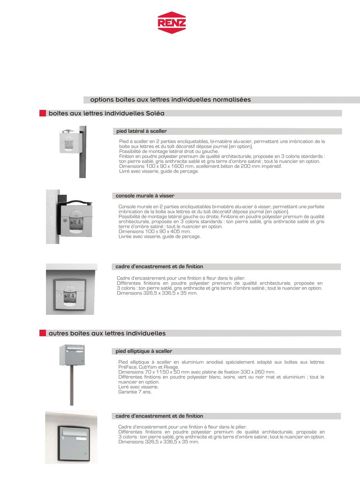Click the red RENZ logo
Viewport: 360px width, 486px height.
tap(172, 23)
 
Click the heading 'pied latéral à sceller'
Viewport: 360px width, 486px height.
tap(142, 131)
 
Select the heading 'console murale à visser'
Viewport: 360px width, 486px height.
tap(145, 196)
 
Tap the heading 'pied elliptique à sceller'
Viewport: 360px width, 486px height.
tap(144, 351)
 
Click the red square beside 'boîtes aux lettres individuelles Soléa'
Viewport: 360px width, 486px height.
tap(43, 113)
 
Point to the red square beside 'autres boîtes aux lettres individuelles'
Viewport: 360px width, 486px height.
tap(43, 333)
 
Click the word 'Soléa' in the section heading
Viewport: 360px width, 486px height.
tap(155, 113)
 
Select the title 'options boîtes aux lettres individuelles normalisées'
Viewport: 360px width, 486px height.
tap(170, 100)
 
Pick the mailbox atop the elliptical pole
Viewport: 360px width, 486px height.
tap(72, 355)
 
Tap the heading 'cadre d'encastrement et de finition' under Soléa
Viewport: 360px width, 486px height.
tap(159, 267)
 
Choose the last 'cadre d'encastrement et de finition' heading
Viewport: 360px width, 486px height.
tap(159, 416)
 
